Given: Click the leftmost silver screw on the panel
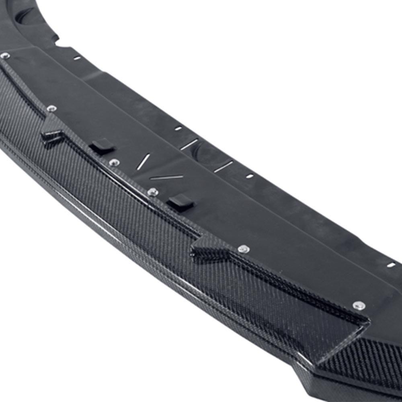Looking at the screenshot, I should click(5, 56).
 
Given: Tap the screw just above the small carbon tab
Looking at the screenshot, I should click(51, 109).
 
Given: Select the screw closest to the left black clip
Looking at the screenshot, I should click(114, 162).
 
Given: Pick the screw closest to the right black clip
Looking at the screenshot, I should click(153, 192).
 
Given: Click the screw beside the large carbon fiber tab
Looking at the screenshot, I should click(243, 249).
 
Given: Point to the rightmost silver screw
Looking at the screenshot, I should click(359, 306).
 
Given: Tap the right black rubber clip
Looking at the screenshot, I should click(180, 203).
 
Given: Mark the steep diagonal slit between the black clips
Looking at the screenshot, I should click(143, 162).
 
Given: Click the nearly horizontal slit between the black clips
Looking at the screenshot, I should click(166, 177).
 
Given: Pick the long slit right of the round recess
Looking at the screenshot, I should click(224, 166).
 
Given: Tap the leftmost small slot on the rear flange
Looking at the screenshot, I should click(76, 58).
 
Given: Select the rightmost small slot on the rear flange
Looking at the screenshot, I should click(391, 265).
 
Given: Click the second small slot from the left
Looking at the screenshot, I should click(178, 129).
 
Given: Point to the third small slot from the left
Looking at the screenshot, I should click(249, 176).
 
